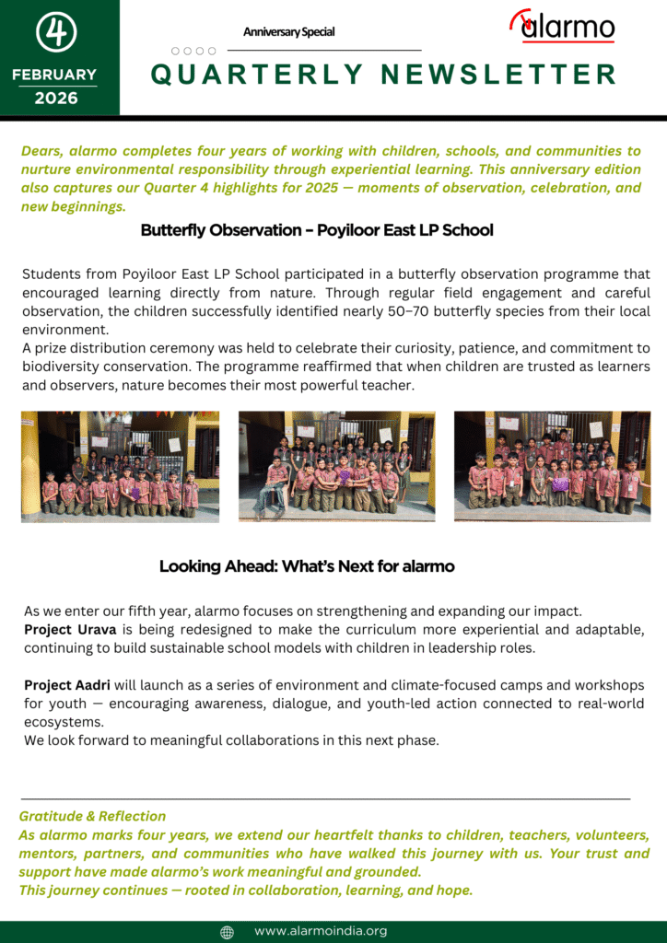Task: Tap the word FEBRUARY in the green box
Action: tap(54, 75)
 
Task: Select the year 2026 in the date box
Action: tap(56, 99)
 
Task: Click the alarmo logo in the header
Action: tap(563, 27)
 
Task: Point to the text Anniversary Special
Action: tap(288, 32)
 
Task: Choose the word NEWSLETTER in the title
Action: tap(498, 75)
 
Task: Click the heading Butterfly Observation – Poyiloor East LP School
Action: tap(317, 230)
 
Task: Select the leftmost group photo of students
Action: tap(121, 467)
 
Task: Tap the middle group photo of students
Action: tap(337, 467)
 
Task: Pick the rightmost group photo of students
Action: tap(552, 467)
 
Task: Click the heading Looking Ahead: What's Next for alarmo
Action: tap(307, 566)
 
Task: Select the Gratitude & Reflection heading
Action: tap(92, 816)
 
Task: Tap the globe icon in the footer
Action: tap(228, 932)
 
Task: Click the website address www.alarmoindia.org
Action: tap(321, 931)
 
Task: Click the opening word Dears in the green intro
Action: tap(41, 151)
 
